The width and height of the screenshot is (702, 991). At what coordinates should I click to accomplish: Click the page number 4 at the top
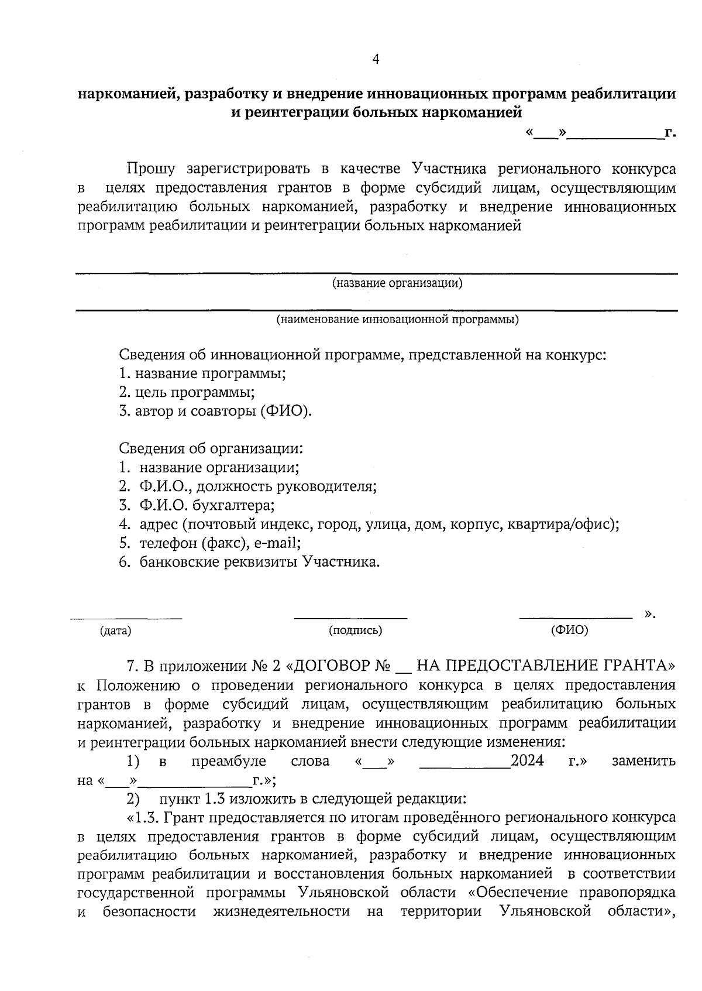pyautogui.click(x=376, y=59)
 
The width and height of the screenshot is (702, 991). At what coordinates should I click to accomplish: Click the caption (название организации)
pyautogui.click(x=397, y=284)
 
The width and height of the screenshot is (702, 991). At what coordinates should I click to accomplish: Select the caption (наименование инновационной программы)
pyautogui.click(x=397, y=320)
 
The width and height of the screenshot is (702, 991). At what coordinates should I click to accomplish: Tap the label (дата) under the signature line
pyautogui.click(x=115, y=630)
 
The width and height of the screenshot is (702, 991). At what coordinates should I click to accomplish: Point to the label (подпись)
pyautogui.click(x=356, y=630)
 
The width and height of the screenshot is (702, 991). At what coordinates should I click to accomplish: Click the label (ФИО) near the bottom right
pyautogui.click(x=569, y=630)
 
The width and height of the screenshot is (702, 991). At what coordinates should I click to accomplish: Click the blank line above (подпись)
pyautogui.click(x=350, y=617)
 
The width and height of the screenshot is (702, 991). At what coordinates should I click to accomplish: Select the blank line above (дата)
pyautogui.click(x=126, y=617)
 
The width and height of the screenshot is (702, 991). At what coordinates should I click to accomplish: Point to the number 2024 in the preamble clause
pyautogui.click(x=527, y=761)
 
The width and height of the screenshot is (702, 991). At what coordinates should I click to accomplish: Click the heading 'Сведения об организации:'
pyautogui.click(x=211, y=449)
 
